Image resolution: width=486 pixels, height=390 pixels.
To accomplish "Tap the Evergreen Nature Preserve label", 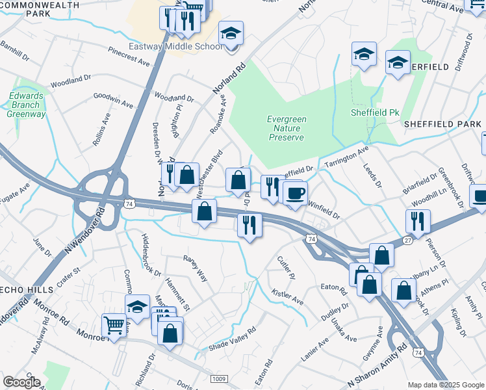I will point(287,129).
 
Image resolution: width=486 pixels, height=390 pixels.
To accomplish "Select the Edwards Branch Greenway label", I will point(27,105).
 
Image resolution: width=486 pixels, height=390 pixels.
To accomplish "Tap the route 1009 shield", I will point(219,378).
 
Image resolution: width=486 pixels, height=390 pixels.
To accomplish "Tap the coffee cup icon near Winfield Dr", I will point(296,193).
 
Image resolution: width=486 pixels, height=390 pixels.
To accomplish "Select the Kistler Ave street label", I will point(287,298).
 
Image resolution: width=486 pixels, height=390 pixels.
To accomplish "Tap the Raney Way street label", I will point(194,267).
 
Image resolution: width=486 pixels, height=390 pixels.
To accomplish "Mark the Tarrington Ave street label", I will point(346,155).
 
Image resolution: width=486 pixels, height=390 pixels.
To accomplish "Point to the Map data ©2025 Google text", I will point(445,385).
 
